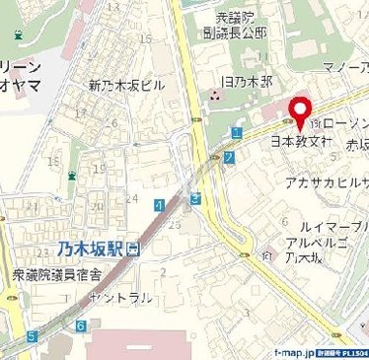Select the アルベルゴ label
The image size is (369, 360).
click(315, 243)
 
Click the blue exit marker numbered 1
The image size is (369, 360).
click(237, 131)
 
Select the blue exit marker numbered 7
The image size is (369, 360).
click(229, 156)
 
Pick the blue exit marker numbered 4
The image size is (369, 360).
click(160, 204)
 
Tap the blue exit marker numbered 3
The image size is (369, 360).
click(196, 199)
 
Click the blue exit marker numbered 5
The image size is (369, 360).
click(33, 335)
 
